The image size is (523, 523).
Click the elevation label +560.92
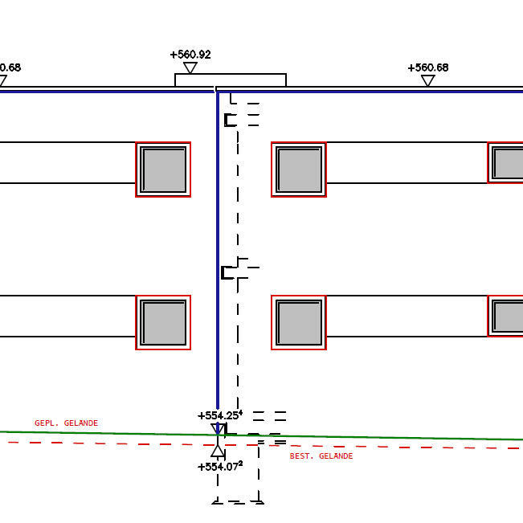190,55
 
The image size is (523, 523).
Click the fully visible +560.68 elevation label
427,67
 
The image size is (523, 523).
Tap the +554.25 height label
219,415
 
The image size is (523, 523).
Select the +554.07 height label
219,466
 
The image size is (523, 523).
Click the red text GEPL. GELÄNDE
66,423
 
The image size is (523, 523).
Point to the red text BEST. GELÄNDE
321,456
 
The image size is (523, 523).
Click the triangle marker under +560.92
190,68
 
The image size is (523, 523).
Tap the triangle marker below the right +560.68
428,80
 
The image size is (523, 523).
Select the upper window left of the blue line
163,170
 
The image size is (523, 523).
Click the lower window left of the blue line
163,323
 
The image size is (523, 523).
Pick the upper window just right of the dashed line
299,170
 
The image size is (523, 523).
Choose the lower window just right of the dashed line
299,323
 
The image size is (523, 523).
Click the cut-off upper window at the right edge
507,163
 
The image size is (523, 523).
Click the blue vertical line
217,241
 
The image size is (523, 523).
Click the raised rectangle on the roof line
231,80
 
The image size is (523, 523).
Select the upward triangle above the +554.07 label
218,451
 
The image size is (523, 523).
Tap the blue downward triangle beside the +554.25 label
218,430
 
